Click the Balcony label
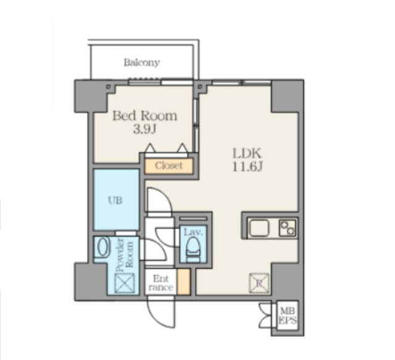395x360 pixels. pos(142,63)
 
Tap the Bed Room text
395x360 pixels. pos(145,116)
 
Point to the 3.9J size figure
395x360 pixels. pos(144,129)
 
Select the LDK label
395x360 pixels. pos(247,153)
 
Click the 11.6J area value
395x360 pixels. pos(247,166)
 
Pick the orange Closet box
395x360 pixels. pos(168,166)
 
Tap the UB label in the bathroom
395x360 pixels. pos(115,200)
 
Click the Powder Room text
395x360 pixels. pos(125,255)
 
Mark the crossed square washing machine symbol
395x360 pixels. pos(125,284)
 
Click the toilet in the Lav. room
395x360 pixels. pos(193,250)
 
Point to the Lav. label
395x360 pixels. pos(193,232)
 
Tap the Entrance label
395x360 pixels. pos(161,283)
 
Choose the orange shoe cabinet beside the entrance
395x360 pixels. pos(183,282)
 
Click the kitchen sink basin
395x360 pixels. pos(259,228)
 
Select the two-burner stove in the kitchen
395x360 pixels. pos(288,228)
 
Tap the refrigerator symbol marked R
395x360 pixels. pos(259,284)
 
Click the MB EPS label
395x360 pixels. pos(288,316)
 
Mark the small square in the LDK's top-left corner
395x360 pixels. pos(200,87)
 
